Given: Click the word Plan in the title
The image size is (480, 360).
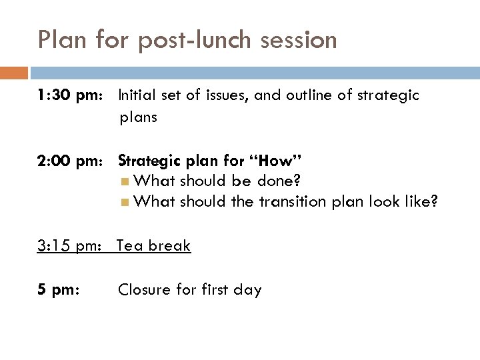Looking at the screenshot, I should click(62, 40).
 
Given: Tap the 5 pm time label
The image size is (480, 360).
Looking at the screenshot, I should click(59, 290).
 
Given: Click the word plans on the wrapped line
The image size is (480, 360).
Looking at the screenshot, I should click(138, 118).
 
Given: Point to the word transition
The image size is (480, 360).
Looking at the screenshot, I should click(284, 201).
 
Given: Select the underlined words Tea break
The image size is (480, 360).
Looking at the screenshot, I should click(154, 246).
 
